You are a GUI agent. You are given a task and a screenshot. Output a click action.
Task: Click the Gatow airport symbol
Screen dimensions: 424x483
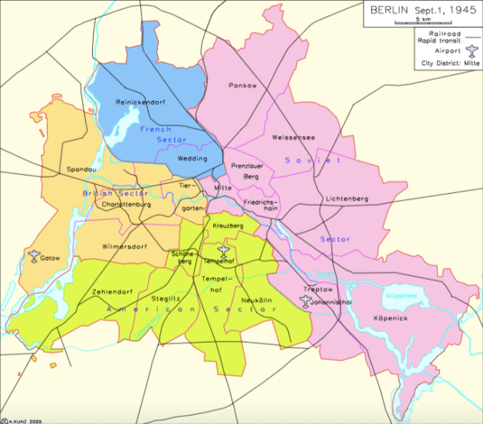(x=34, y=256)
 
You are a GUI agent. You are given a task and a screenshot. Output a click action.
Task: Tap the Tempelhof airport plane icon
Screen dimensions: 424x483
(x=223, y=251)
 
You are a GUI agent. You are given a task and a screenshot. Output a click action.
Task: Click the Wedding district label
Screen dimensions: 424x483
(x=191, y=158)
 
